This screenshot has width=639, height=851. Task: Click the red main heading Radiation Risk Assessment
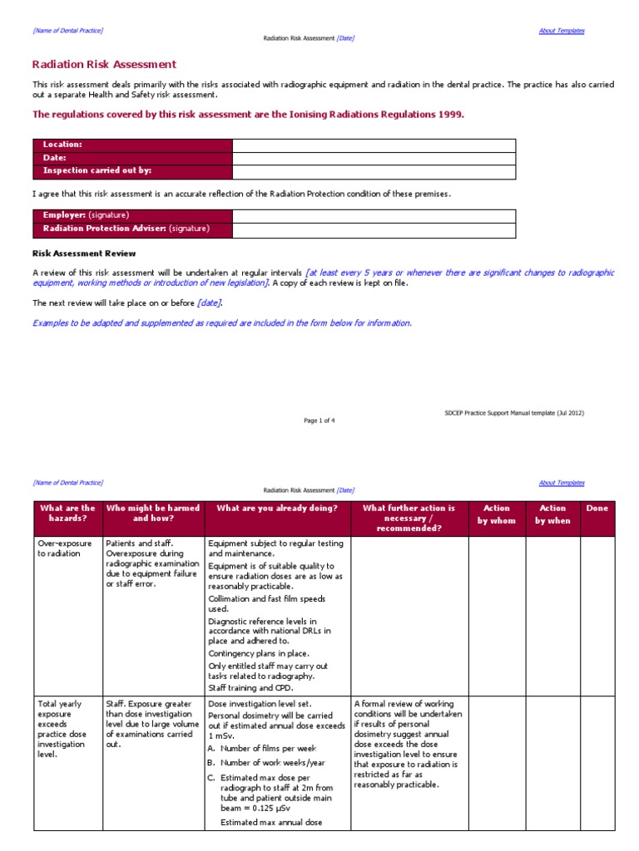[x=104, y=65]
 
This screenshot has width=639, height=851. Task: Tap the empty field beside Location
[x=374, y=145]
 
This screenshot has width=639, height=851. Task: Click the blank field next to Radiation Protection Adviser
[x=374, y=229]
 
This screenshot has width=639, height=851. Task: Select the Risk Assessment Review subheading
[x=84, y=253]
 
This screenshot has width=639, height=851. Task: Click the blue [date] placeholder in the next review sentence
[x=210, y=303]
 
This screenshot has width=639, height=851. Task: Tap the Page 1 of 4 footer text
[x=319, y=421]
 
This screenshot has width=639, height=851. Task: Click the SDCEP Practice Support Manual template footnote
[x=514, y=412]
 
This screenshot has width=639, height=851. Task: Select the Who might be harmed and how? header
[x=153, y=514]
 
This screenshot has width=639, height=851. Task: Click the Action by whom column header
[x=496, y=514]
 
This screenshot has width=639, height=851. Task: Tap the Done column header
[x=597, y=508]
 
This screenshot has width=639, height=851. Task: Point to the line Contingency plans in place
[x=259, y=653]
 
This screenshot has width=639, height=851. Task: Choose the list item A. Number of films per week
[x=262, y=749]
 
